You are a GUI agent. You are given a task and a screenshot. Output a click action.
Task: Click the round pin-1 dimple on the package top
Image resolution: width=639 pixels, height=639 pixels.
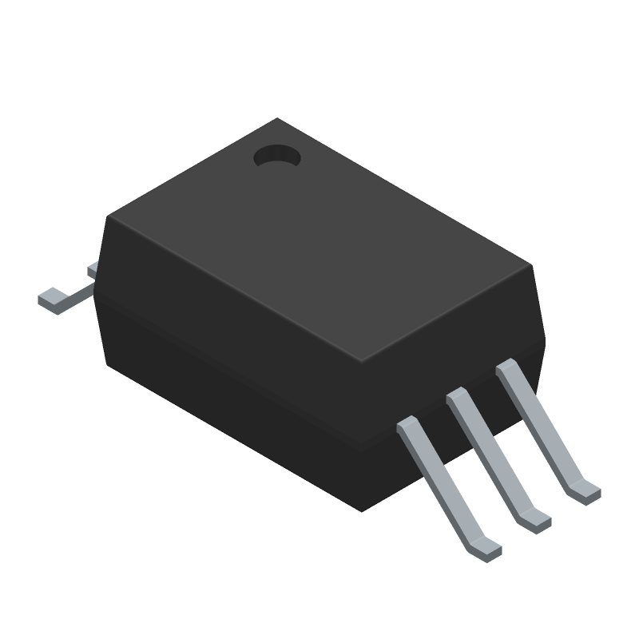pos(276,157)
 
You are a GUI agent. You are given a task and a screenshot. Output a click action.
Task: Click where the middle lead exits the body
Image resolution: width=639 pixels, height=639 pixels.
pos(457,396)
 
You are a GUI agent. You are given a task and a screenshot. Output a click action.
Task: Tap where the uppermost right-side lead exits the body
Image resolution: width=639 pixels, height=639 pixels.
pos(506,369)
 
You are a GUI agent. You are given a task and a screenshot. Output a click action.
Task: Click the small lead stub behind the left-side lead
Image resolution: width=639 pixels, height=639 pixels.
pos(92,270)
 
